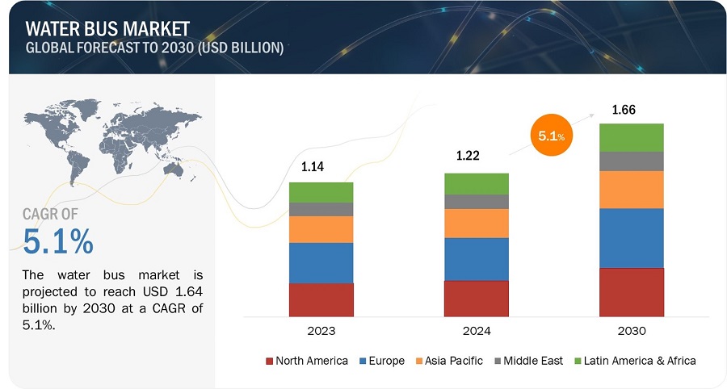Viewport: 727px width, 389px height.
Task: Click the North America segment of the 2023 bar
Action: click(x=321, y=299)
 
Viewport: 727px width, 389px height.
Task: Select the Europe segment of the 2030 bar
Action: click(x=631, y=238)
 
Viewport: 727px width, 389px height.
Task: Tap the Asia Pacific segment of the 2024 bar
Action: click(x=476, y=224)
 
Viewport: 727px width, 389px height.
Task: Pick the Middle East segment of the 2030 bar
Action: click(x=631, y=161)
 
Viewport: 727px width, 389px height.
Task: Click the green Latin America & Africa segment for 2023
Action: click(x=321, y=192)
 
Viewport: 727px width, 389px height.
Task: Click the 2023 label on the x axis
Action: click(x=321, y=331)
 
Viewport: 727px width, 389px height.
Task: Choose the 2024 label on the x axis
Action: click(x=476, y=331)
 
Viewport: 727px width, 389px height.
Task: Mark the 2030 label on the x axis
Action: click(x=631, y=331)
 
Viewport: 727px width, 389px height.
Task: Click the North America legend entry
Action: click(x=307, y=361)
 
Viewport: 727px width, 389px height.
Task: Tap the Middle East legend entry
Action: click(x=527, y=361)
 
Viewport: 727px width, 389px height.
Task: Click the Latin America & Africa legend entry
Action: click(x=636, y=361)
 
